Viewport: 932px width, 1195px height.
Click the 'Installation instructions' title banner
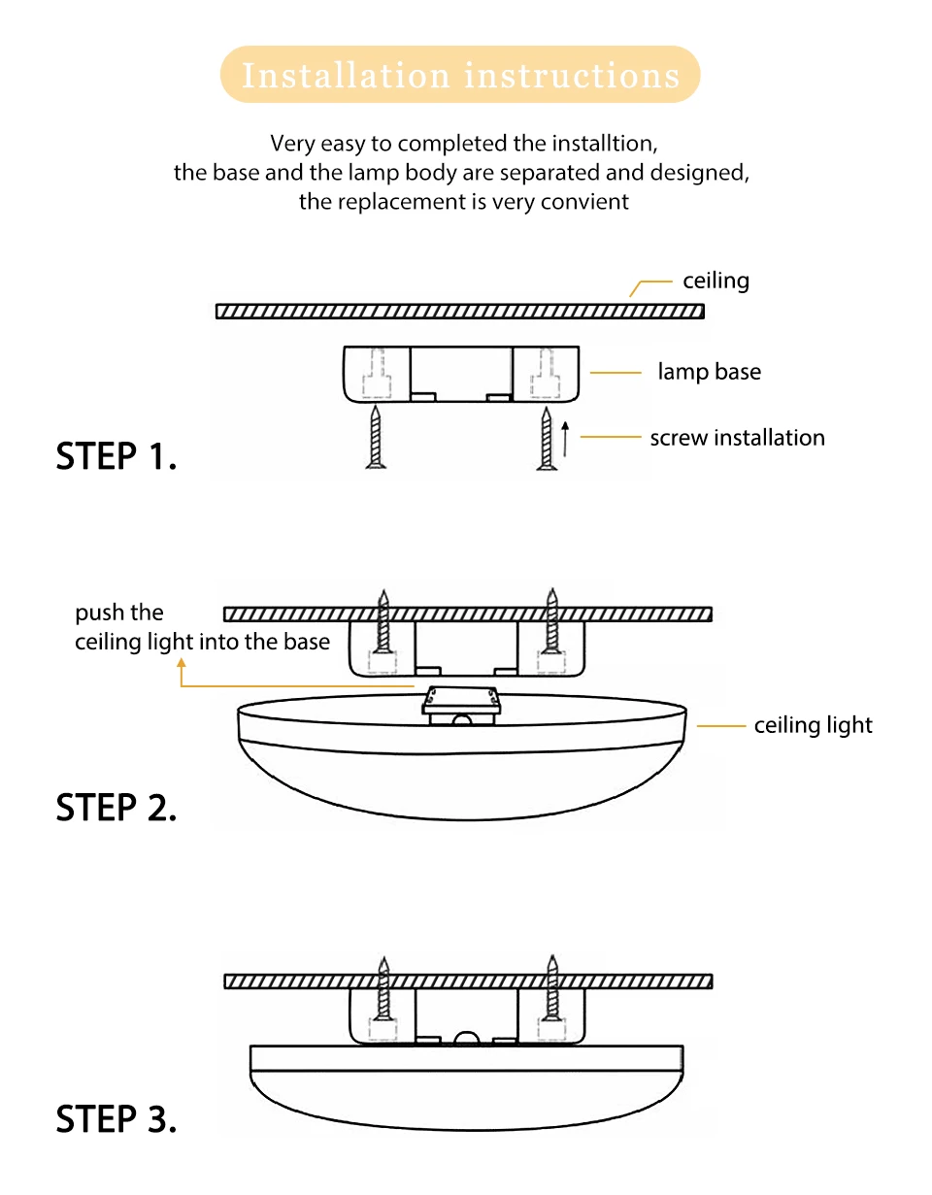tap(460, 75)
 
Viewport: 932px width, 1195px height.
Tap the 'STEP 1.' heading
tap(116, 456)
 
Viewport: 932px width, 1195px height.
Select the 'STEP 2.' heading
tap(116, 808)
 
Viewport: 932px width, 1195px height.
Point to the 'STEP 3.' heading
tap(116, 1119)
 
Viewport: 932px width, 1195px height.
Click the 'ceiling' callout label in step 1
tap(716, 282)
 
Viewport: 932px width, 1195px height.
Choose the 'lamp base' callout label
tap(709, 372)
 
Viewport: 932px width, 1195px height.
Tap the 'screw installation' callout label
tap(737, 438)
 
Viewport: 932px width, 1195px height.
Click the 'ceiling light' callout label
tap(813, 725)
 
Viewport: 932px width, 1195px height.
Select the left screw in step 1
tap(376, 439)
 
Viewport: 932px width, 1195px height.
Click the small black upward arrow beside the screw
tap(565, 439)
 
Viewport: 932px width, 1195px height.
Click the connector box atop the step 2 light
tap(461, 702)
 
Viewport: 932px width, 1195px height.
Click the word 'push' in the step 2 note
tap(98, 613)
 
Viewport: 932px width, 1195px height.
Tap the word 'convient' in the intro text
tap(588, 202)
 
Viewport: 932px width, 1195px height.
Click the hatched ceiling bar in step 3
tap(468, 980)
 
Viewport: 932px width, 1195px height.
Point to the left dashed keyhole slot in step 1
tap(377, 374)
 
